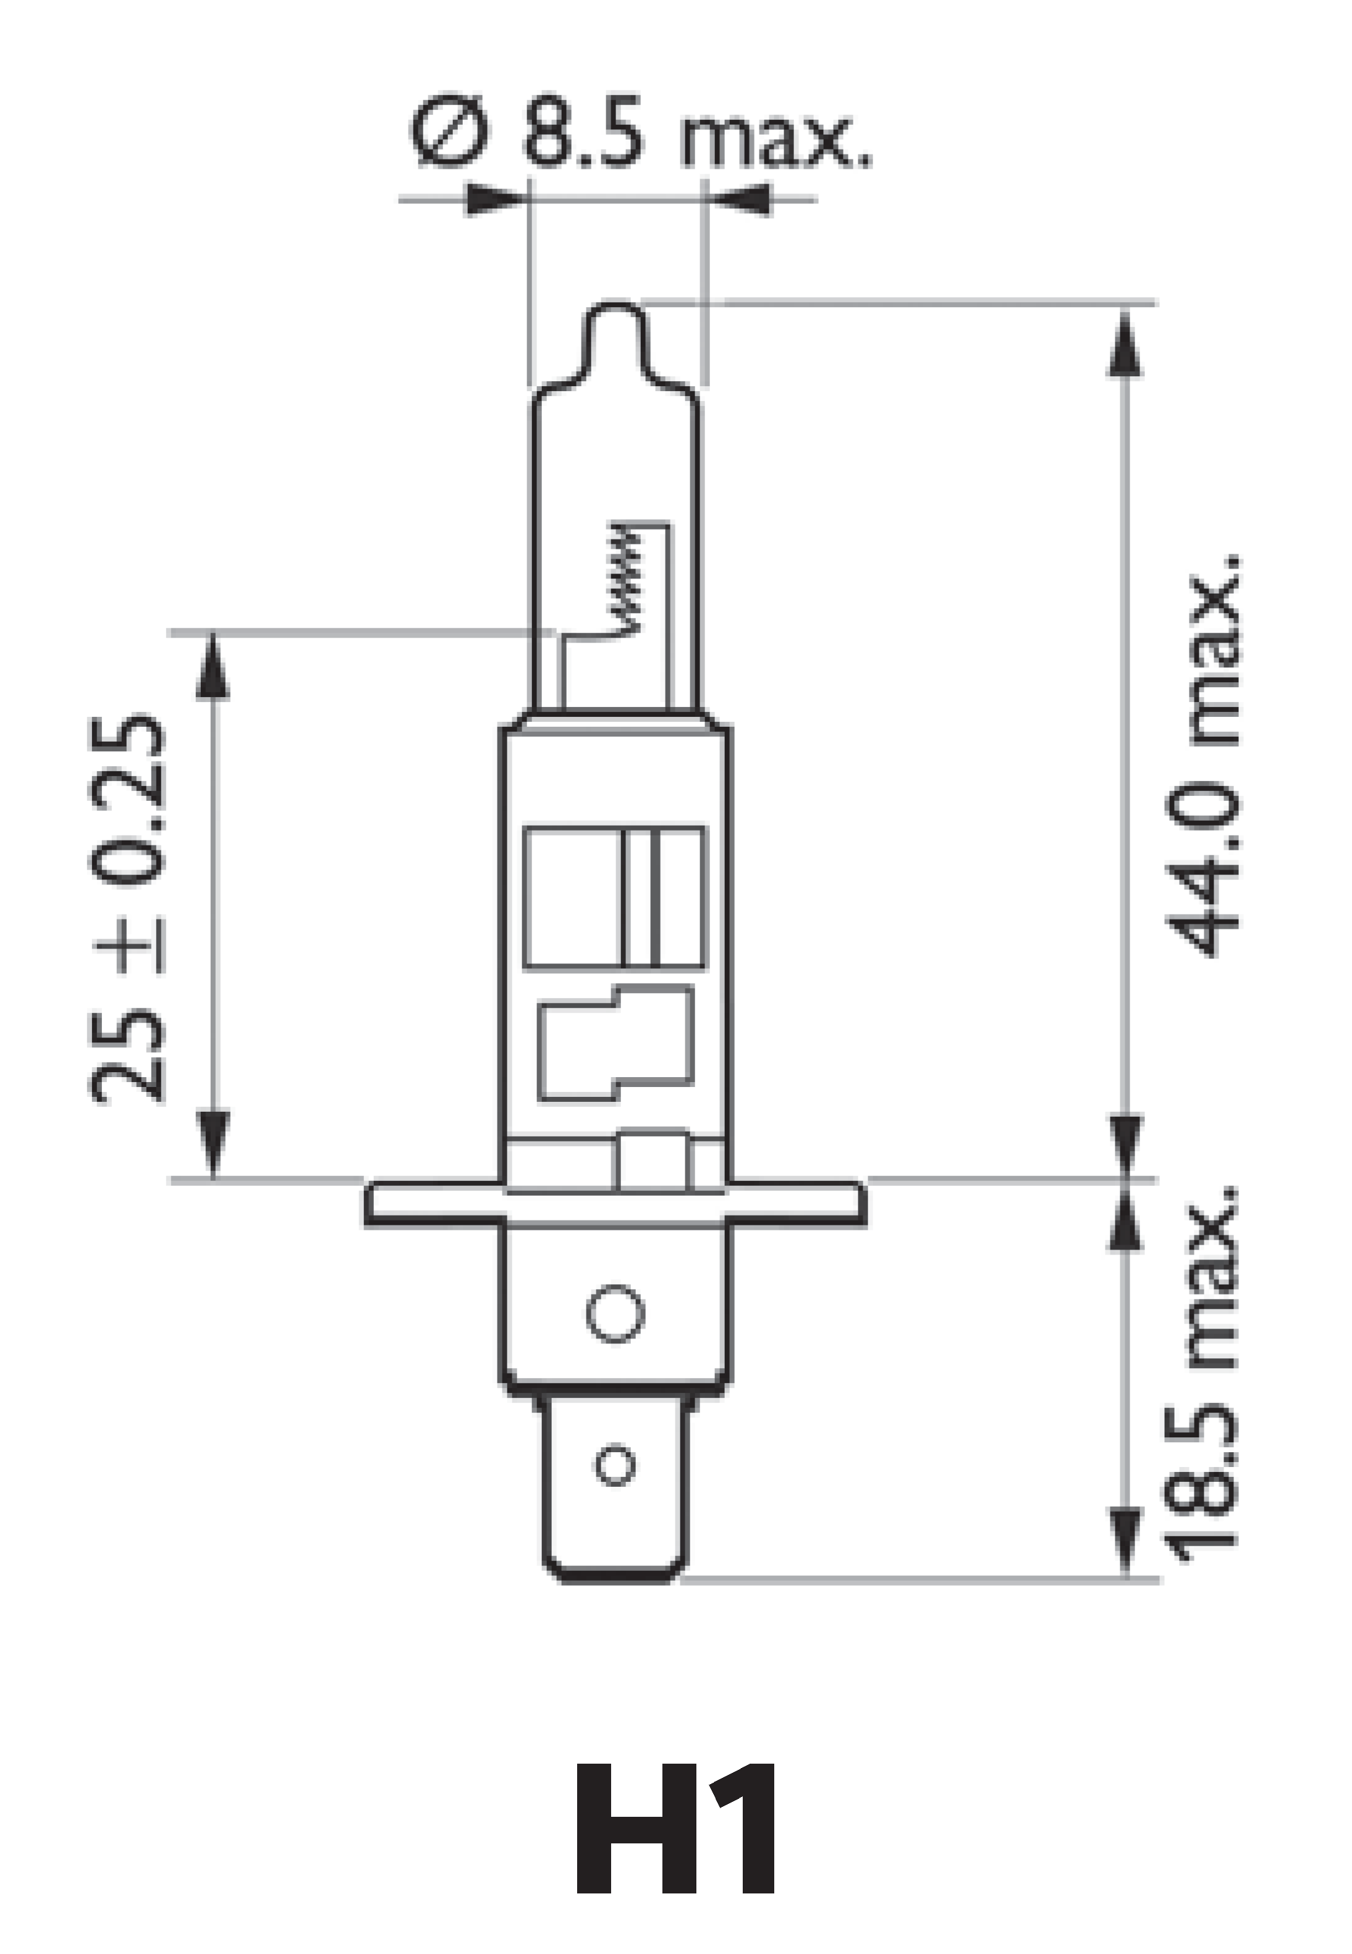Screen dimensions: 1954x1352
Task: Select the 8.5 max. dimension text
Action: (x=695, y=135)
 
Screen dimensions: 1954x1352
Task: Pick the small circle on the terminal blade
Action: (x=615, y=1465)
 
